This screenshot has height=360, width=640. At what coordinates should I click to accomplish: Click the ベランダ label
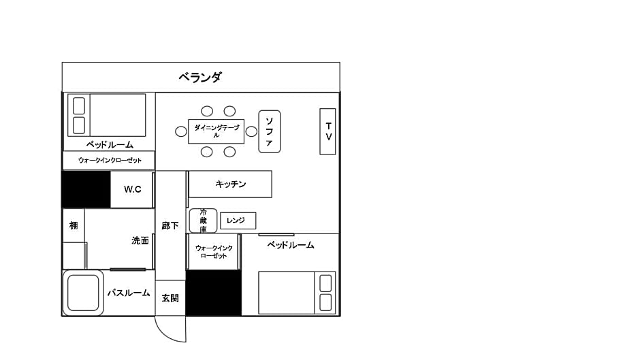200,77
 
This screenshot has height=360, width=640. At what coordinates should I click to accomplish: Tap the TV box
327,131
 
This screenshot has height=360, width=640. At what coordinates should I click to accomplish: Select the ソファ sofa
270,131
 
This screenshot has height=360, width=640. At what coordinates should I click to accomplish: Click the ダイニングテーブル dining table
217,131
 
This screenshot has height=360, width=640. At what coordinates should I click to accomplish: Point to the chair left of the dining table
181,131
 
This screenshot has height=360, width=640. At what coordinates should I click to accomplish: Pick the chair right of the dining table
251,131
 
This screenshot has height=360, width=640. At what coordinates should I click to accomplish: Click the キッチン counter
230,184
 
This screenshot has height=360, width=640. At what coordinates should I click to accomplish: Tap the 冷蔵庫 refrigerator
203,220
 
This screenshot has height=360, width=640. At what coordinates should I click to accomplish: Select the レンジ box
238,220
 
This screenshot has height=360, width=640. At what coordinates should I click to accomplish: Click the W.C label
133,189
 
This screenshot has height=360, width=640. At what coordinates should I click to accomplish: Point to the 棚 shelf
74,225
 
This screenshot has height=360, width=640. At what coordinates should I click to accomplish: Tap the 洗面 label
140,240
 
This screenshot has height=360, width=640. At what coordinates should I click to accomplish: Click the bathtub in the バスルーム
83,293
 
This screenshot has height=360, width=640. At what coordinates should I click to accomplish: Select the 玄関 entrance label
170,298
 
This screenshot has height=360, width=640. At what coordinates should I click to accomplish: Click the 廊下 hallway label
170,225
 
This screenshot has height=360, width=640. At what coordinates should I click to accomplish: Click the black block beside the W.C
86,189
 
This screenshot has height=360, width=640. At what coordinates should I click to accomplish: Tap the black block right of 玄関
214,293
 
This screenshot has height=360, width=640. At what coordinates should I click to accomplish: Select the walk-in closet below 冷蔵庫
213,252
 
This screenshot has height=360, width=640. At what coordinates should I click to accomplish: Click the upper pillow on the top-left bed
79,105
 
